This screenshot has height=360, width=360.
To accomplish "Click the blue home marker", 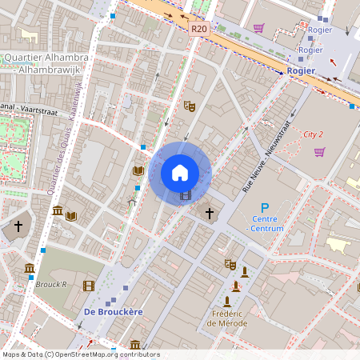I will pyautogui.click(x=180, y=172).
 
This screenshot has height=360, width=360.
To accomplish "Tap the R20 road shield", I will pyautogui.click(x=199, y=29).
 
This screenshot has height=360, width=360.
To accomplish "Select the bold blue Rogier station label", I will pyautogui.click(x=301, y=70).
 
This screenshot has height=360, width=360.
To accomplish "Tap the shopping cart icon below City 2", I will pyautogui.click(x=319, y=152).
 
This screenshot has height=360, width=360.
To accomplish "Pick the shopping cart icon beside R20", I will pyautogui.click(x=258, y=28).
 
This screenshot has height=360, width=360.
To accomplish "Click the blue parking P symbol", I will pyautogui.click(x=265, y=206).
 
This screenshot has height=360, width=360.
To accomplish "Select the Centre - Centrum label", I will pyautogui.click(x=265, y=223).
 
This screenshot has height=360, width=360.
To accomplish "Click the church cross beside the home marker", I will pyautogui.click(x=210, y=213).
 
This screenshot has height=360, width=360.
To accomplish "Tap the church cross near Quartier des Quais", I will pyautogui.click(x=18, y=227).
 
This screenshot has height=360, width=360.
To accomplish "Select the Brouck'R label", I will pyautogui.click(x=51, y=284).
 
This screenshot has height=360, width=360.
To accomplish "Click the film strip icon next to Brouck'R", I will pyautogui.click(x=88, y=286).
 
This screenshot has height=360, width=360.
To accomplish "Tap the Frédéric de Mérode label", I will pyautogui.click(x=227, y=318).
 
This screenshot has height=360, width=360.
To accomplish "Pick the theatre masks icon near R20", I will pyautogui.click(x=190, y=105).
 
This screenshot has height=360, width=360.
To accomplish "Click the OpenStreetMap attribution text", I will pyautogui.click(x=81, y=354).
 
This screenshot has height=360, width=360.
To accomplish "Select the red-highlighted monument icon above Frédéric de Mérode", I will pyautogui.click(x=235, y=286).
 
